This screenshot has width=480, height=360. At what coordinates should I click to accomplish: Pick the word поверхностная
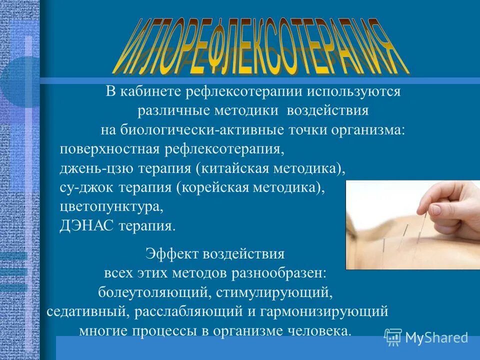[108, 149]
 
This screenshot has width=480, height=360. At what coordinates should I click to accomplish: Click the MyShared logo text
[436, 337]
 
